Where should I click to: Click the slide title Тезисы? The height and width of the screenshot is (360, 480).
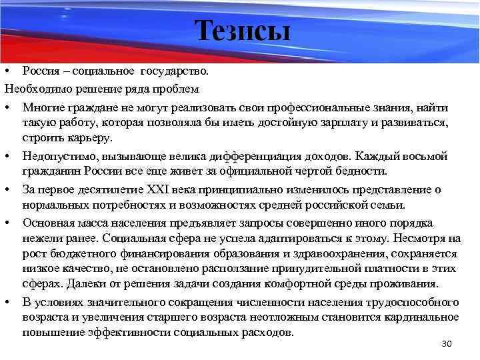click(x=243, y=31)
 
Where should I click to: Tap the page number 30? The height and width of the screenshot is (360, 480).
click(x=447, y=343)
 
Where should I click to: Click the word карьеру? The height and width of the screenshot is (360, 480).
click(x=93, y=139)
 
